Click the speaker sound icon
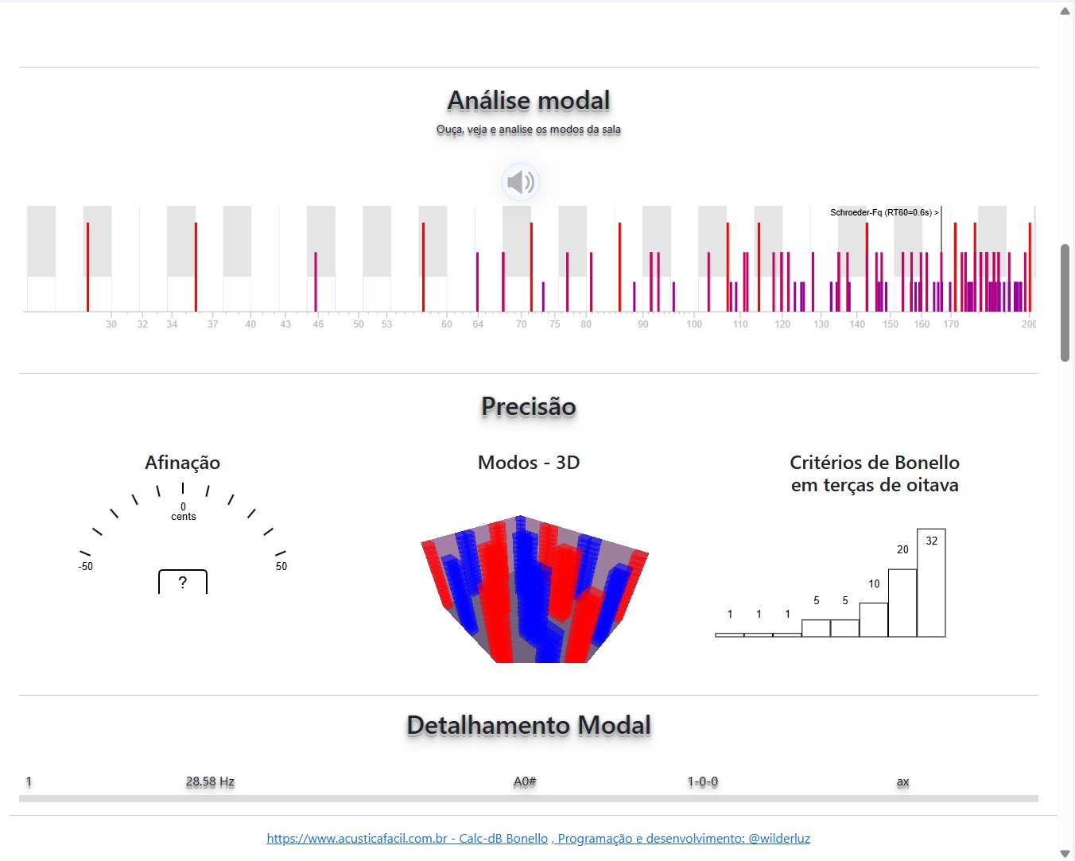[521, 182]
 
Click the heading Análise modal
[529, 101]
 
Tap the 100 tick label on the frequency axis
[694, 324]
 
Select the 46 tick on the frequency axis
[318, 324]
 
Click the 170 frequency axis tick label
[951, 324]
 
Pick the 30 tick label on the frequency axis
[111, 324]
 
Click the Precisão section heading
[529, 406]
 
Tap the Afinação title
[182, 463]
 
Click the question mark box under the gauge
[183, 582]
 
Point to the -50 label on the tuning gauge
[85, 567]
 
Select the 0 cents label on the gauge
[183, 511]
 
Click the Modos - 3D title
[529, 463]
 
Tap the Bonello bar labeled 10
[874, 619]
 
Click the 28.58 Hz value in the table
[210, 782]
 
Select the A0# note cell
[525, 782]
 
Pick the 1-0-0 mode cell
[703, 782]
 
